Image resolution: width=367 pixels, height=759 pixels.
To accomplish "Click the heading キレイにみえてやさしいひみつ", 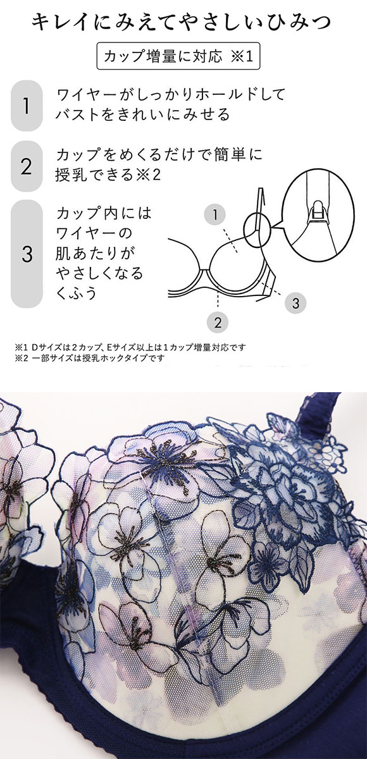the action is pyautogui.click(x=181, y=23).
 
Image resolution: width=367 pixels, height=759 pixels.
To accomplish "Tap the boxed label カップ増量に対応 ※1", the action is pyautogui.click(x=178, y=56).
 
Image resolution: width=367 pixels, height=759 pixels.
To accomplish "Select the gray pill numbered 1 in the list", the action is pyautogui.click(x=27, y=106).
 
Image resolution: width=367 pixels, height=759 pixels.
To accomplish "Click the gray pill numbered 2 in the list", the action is pyautogui.click(x=27, y=166).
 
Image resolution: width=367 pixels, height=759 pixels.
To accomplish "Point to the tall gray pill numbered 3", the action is pyautogui.click(x=27, y=254).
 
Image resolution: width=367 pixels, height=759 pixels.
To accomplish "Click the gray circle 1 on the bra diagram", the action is pyautogui.click(x=215, y=214).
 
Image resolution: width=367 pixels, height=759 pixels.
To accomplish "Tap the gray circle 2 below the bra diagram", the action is pyautogui.click(x=218, y=322).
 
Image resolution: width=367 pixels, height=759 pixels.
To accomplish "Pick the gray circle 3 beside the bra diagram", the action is pyautogui.click(x=295, y=303).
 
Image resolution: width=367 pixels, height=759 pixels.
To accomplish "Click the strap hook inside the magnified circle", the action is pyautogui.click(x=318, y=213).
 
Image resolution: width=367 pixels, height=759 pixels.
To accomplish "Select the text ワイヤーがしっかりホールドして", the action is pyautogui.click(x=171, y=95).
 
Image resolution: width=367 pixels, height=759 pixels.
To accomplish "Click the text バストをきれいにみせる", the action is pyautogui.click(x=142, y=115).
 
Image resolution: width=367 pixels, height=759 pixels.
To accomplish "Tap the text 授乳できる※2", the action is pyautogui.click(x=108, y=175).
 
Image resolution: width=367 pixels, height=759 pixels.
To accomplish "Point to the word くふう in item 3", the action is pyautogui.click(x=76, y=293).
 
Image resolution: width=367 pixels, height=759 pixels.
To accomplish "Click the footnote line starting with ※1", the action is pyautogui.click(x=130, y=347).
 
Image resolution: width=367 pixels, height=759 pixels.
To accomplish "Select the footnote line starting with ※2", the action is pyautogui.click(x=89, y=358).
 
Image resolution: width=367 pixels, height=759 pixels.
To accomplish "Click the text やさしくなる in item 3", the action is pyautogui.click(x=100, y=273).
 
